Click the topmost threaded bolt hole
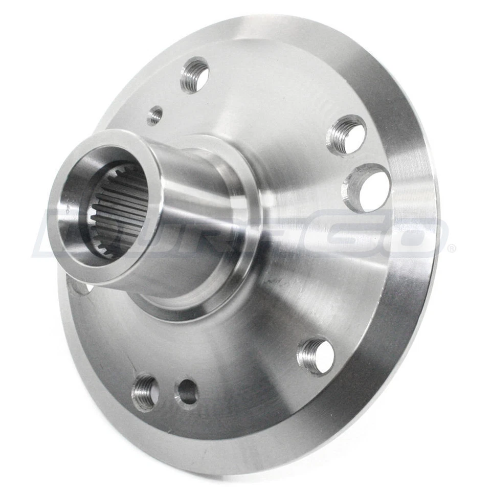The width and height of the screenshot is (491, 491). pos(195,75)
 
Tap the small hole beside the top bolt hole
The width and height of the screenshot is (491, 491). pos(154,116)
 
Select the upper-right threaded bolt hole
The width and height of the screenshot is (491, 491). pos(347,135)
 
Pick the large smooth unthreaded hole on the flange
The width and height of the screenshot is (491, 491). pos(367,188)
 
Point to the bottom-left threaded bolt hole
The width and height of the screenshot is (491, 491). pos(145,392)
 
